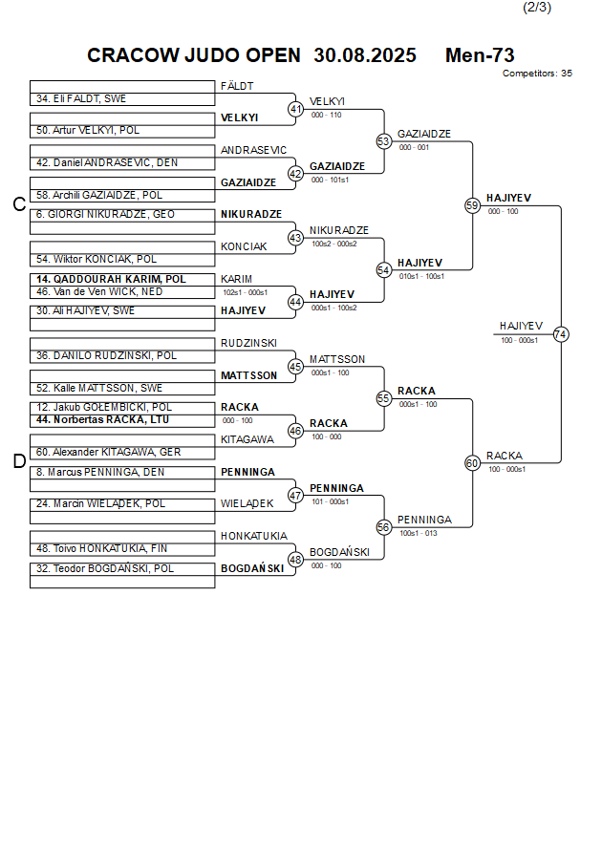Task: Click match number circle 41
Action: coord(296,109)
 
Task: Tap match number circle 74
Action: coord(561,334)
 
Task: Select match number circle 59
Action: coord(472,205)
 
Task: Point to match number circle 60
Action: coord(472,463)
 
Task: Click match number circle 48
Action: coord(296,560)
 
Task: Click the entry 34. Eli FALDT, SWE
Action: coord(81,98)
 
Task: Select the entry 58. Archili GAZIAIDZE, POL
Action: coord(99,195)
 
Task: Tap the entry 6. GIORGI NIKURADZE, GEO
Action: coord(105,214)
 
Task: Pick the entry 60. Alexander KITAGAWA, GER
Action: coord(108,452)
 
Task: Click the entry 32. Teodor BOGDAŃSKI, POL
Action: coord(105,568)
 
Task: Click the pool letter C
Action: coord(18,204)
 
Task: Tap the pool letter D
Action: coord(18,462)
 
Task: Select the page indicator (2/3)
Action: coord(536,8)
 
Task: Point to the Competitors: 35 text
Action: coord(537,73)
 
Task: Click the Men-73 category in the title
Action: coord(480,55)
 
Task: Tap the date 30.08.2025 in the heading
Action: coord(364,55)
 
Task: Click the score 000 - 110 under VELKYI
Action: coord(326,115)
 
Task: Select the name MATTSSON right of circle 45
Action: coord(336,359)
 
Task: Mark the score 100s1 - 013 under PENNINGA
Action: coord(419,533)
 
